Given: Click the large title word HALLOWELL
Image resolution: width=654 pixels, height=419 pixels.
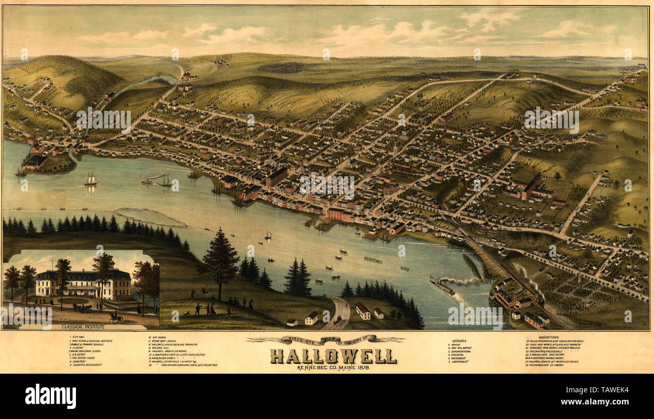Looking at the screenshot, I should pyautogui.click(x=333, y=356).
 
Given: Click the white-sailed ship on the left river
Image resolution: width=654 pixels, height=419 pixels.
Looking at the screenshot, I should pyautogui.click(x=91, y=179).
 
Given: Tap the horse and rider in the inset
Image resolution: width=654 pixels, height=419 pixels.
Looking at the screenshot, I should pyautogui.click(x=117, y=318).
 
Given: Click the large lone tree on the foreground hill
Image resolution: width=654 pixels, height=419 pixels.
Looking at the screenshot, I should pyautogui.click(x=219, y=262).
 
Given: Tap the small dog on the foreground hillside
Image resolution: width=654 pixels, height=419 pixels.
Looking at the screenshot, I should pyautogui.click(x=187, y=313).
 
